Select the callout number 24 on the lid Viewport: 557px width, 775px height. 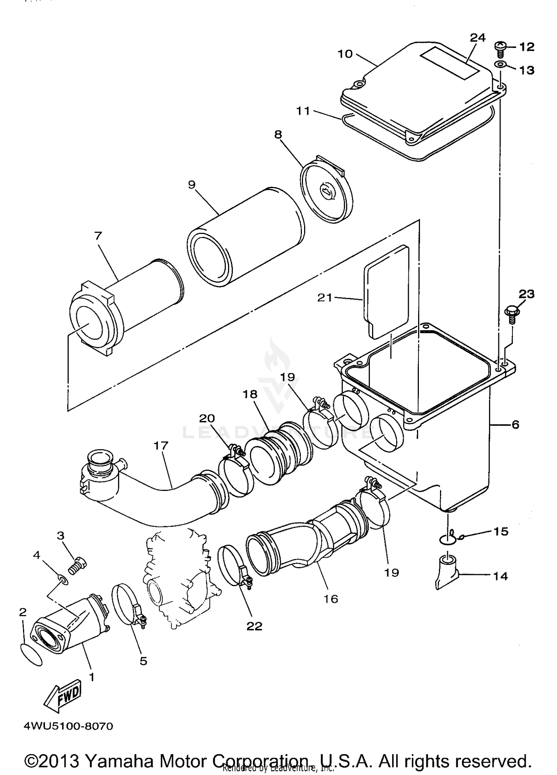tap(478, 38)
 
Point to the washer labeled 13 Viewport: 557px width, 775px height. tap(500, 65)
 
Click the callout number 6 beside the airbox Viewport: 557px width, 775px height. tap(515, 424)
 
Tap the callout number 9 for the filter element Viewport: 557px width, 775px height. tap(192, 185)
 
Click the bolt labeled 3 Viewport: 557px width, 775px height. tap(78, 568)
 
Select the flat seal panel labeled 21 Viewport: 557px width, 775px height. tap(386, 294)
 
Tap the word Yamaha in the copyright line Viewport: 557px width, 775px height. tap(119, 760)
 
